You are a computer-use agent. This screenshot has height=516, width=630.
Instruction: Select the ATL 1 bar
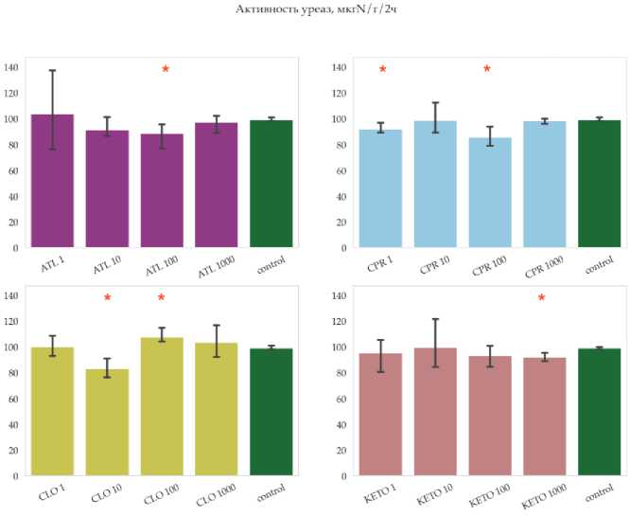coord(53,180)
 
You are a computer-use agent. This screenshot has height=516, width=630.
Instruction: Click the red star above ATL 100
coord(166,69)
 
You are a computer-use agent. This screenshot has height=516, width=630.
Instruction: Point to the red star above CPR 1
coord(383,69)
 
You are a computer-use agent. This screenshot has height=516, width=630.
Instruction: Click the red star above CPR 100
coord(487,69)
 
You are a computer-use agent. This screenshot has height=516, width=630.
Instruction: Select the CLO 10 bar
coord(108,421)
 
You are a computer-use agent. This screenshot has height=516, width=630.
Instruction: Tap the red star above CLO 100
coord(161,298)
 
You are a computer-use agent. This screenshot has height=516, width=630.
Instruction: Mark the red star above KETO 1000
coord(541,298)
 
